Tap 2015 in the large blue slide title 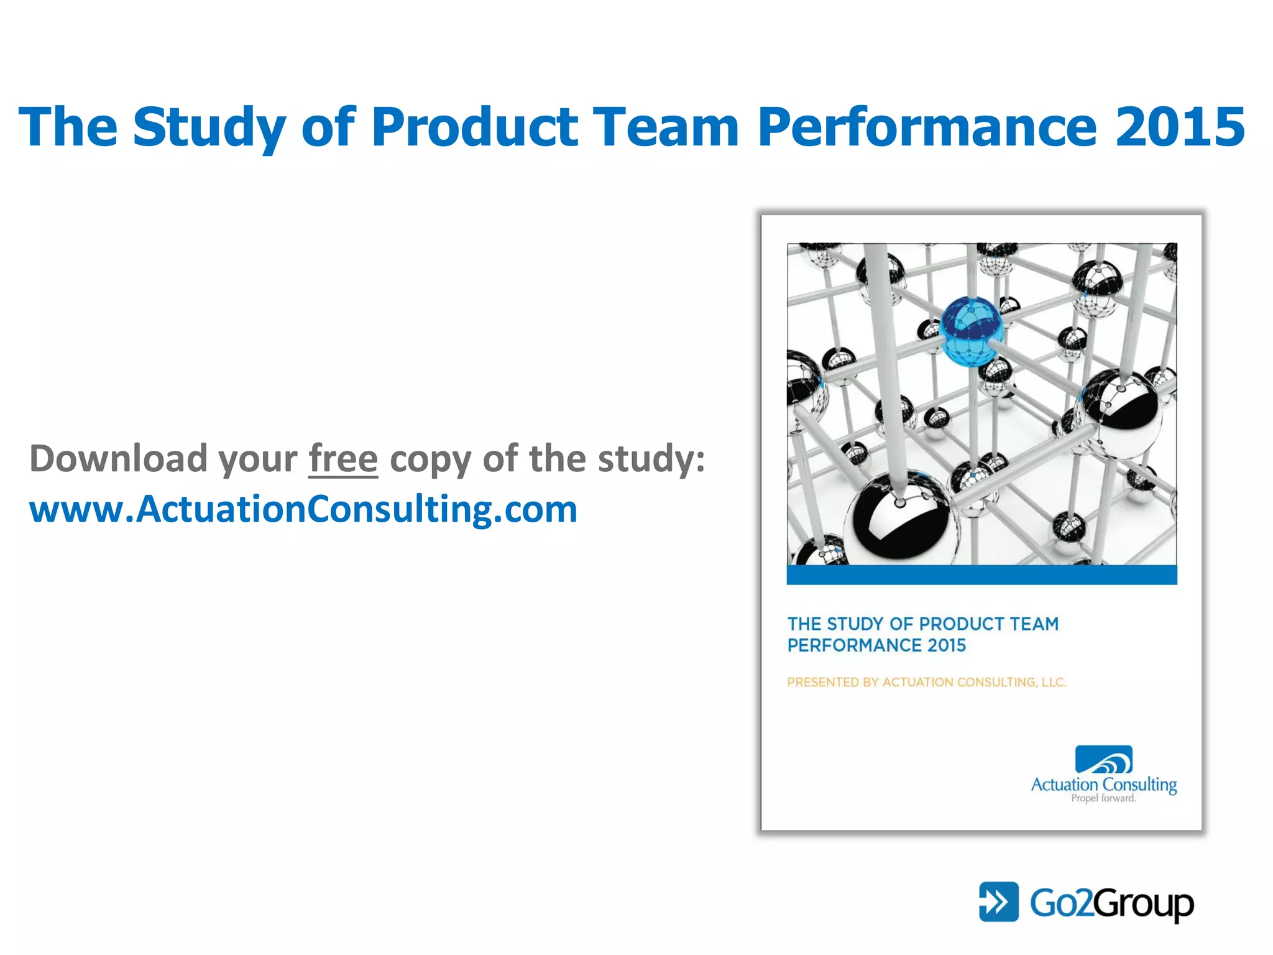pyautogui.click(x=1180, y=127)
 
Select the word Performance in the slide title pyautogui.click(x=927, y=127)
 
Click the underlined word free pyautogui.click(x=343, y=459)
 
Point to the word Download pyautogui.click(x=118, y=459)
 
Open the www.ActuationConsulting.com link pyautogui.click(x=303, y=509)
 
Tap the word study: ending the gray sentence pyautogui.click(x=651, y=459)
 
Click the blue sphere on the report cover pyautogui.click(x=972, y=330)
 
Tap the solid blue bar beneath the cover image pyautogui.click(x=981, y=574)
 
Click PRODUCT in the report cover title pyautogui.click(x=962, y=624)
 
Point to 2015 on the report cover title pyautogui.click(x=947, y=645)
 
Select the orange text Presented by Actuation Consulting pyautogui.click(x=926, y=682)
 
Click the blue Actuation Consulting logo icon pyautogui.click(x=1104, y=760)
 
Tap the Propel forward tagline pyautogui.click(x=1103, y=798)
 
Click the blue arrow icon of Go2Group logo pyautogui.click(x=998, y=902)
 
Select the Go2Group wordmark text pyautogui.click(x=1111, y=903)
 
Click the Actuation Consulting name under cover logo pyautogui.click(x=1104, y=785)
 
